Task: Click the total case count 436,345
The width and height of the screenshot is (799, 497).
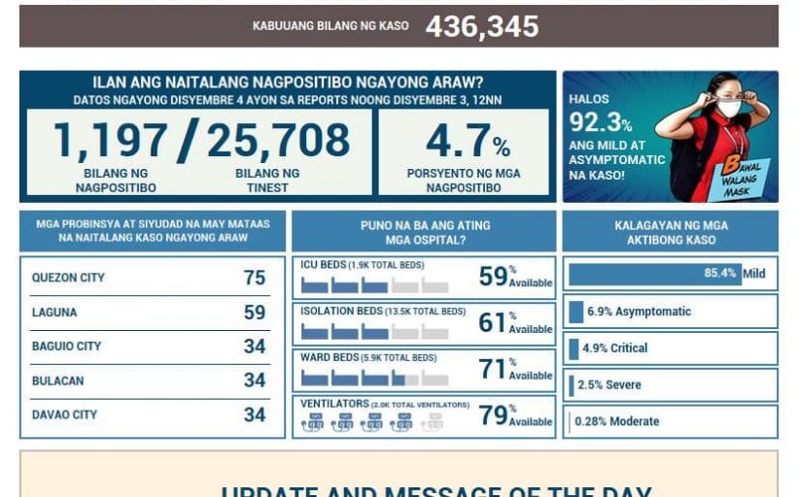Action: pyautogui.click(x=481, y=26)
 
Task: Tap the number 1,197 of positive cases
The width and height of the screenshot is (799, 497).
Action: pyautogui.click(x=111, y=140)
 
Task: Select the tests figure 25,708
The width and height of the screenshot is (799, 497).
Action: pyautogui.click(x=278, y=140)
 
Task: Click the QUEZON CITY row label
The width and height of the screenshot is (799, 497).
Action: pyautogui.click(x=68, y=278)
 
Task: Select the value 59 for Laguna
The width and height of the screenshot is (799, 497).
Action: pyautogui.click(x=255, y=313)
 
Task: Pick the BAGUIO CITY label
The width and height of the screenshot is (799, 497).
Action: pyautogui.click(x=66, y=347)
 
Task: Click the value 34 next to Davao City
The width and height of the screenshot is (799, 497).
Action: pyautogui.click(x=255, y=415)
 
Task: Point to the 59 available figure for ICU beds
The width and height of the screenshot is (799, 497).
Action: pyautogui.click(x=493, y=277)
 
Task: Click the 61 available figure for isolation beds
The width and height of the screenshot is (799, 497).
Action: pyautogui.click(x=492, y=322)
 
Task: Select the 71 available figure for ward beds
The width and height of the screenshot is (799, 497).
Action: pyautogui.click(x=492, y=369)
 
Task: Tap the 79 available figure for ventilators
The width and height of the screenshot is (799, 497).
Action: pyautogui.click(x=493, y=415)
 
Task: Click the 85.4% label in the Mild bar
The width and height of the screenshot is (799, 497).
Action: pyautogui.click(x=720, y=274)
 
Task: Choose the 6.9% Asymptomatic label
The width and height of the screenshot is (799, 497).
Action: pyautogui.click(x=639, y=312)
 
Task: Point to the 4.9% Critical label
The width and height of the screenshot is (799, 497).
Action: pyautogui.click(x=614, y=348)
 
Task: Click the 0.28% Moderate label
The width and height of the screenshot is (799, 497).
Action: pyautogui.click(x=616, y=421)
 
